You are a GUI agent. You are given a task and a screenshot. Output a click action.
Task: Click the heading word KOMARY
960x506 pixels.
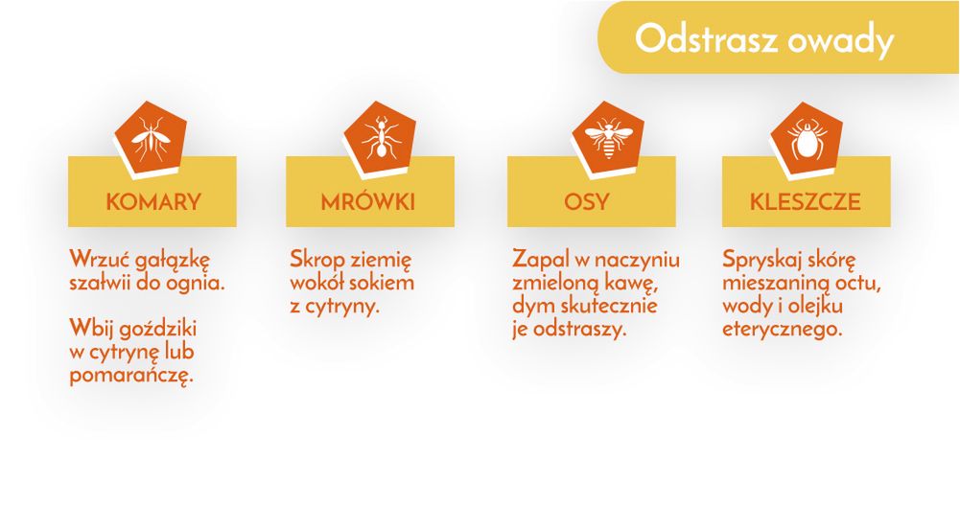153,202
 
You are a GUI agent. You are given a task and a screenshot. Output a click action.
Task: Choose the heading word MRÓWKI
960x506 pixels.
368,202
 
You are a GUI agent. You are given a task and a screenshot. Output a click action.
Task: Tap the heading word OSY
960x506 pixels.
587,202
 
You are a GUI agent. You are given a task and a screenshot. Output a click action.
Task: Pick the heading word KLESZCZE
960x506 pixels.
806,202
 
